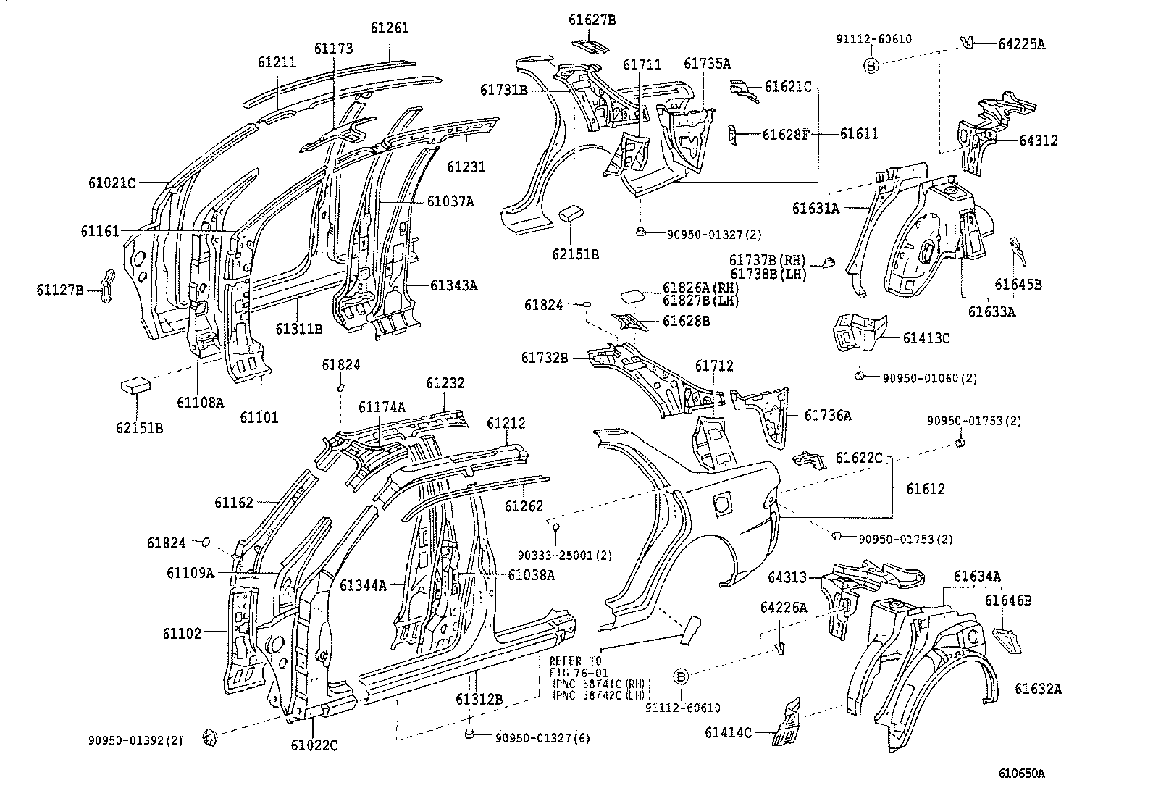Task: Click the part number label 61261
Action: tap(390, 28)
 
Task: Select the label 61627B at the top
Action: tap(592, 20)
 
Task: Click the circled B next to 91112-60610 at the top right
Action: tap(871, 66)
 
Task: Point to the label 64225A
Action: tap(1021, 43)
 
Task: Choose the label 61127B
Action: tap(60, 290)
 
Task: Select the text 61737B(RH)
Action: tap(767, 260)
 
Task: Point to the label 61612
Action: tap(925, 489)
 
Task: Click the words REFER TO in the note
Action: tap(575, 661)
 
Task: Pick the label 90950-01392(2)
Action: tap(136, 740)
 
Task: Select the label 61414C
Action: tap(729, 732)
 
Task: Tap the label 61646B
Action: tap(1008, 600)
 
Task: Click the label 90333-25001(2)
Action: tap(565, 556)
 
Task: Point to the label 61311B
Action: tap(298, 328)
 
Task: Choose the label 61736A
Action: tap(828, 415)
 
